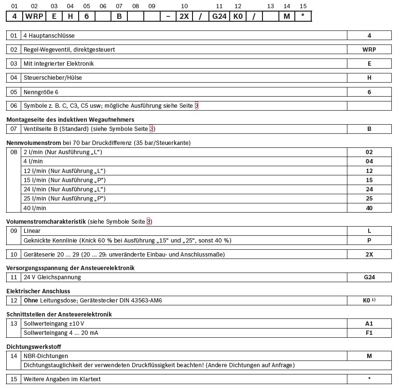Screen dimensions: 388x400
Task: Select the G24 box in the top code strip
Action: [x=219, y=16]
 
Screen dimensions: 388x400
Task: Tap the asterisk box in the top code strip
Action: [x=303, y=16]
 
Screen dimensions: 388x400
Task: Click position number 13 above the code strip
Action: [x=270, y=6]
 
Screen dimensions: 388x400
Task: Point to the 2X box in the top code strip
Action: [x=184, y=16]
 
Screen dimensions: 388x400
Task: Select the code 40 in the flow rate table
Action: [x=369, y=208]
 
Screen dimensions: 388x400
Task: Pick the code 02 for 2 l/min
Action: [x=369, y=152]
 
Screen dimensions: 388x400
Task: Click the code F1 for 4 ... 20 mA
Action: [x=369, y=333]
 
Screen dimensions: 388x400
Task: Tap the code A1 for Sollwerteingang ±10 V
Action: [x=369, y=324]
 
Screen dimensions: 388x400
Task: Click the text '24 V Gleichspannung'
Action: [x=52, y=277]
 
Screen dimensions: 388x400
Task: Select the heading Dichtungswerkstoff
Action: [x=34, y=347]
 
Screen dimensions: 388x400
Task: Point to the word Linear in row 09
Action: [x=32, y=231]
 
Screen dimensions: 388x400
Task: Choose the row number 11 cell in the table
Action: [x=14, y=277]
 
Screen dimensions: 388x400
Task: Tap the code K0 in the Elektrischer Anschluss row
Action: [x=368, y=301]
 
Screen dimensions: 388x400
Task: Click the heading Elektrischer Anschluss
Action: [x=38, y=291]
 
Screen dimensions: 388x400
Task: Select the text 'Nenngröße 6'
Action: [x=41, y=92]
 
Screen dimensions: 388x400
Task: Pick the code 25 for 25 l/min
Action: [x=369, y=199]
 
